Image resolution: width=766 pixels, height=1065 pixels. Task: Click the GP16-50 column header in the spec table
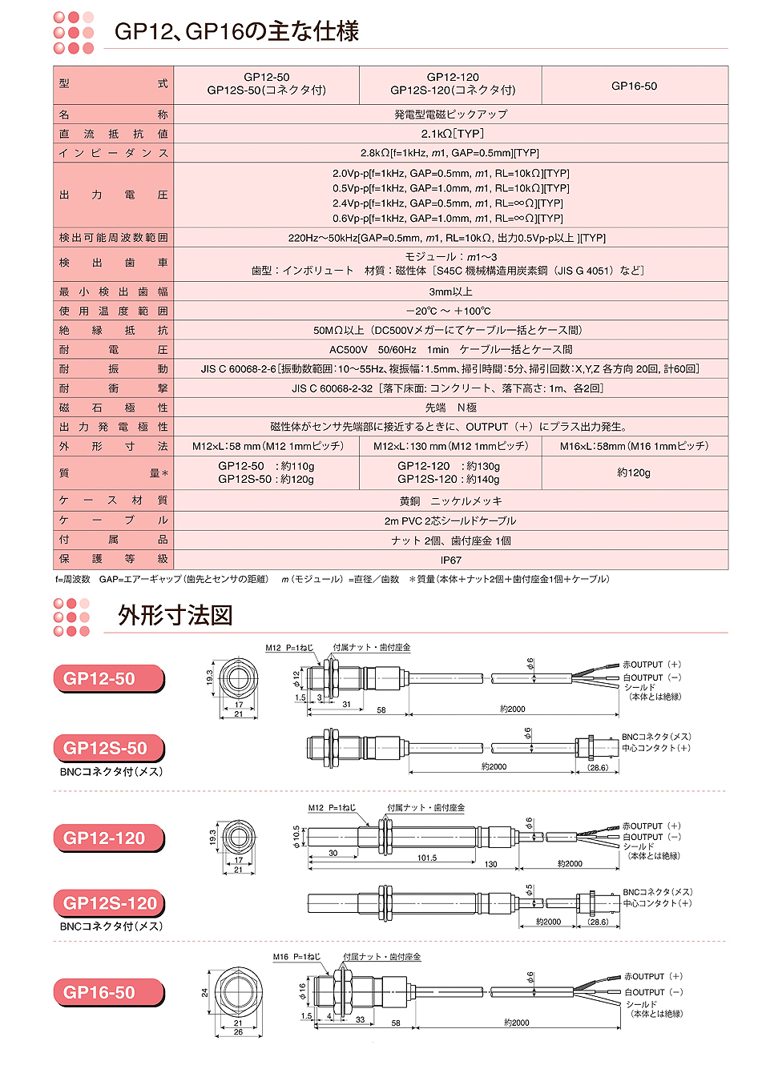pyautogui.click(x=634, y=86)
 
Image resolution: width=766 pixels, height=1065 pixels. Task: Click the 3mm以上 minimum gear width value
pyautogui.click(x=450, y=291)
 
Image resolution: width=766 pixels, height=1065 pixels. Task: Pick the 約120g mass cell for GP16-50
pyautogui.click(x=634, y=472)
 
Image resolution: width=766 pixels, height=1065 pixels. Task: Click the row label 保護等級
pyautogui.click(x=113, y=559)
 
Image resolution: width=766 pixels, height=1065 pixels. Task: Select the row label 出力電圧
pyautogui.click(x=113, y=195)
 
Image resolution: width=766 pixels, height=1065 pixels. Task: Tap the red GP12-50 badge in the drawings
pyautogui.click(x=108, y=679)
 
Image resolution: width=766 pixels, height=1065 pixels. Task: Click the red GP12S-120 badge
pyautogui.click(x=109, y=903)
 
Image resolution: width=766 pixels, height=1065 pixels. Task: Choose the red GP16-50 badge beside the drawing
pyautogui.click(x=108, y=993)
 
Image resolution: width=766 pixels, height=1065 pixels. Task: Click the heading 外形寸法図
pyautogui.click(x=175, y=615)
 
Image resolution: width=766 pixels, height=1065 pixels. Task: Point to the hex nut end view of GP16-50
pyautogui.click(x=238, y=992)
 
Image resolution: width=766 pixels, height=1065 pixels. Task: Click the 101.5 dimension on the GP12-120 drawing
pyautogui.click(x=427, y=858)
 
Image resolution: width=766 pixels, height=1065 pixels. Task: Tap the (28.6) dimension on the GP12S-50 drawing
pyautogui.click(x=598, y=767)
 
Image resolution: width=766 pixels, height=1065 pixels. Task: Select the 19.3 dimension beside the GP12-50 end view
pyautogui.click(x=211, y=677)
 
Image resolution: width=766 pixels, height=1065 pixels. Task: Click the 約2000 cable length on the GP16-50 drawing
pyautogui.click(x=516, y=1023)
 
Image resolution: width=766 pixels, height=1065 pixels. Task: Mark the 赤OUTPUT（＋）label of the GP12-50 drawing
pyautogui.click(x=651, y=665)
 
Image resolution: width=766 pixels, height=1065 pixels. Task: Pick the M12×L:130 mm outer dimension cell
pyautogui.click(x=450, y=446)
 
